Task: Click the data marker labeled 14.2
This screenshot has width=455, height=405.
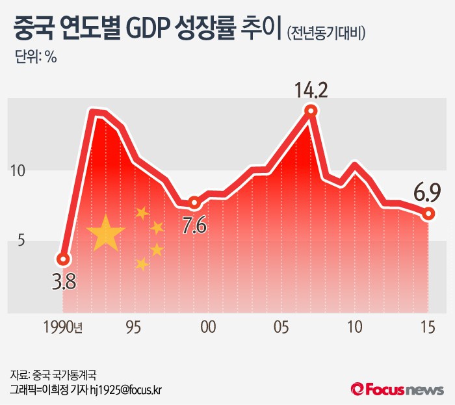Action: click(x=311, y=111)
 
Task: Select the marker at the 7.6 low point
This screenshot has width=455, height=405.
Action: click(x=194, y=203)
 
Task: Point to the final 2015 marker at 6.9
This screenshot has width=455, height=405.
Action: click(x=428, y=213)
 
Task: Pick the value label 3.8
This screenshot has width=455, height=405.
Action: click(x=64, y=283)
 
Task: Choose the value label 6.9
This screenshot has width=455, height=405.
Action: click(x=428, y=192)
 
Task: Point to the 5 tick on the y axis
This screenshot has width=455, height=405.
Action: click(x=19, y=241)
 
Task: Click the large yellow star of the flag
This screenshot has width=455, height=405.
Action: click(x=106, y=233)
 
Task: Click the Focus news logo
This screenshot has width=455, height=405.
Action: click(x=397, y=389)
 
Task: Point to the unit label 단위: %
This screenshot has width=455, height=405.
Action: click(x=36, y=57)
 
